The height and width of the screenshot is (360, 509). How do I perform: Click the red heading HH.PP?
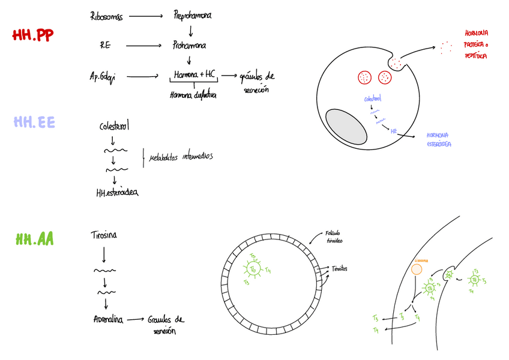33,35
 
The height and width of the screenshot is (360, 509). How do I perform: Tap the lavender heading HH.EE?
34,122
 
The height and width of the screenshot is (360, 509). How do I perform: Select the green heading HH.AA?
35,239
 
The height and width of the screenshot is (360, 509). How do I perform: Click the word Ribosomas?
106,16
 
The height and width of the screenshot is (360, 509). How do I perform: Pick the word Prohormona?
190,45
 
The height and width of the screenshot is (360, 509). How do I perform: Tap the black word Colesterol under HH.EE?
114,127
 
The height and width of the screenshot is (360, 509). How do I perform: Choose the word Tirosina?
104,235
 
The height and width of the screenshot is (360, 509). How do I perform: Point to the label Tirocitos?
339,268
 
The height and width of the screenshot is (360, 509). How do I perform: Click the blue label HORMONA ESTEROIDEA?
439,140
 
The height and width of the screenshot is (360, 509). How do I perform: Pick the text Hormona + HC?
194,74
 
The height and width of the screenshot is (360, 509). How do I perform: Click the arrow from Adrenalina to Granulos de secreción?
135,320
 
